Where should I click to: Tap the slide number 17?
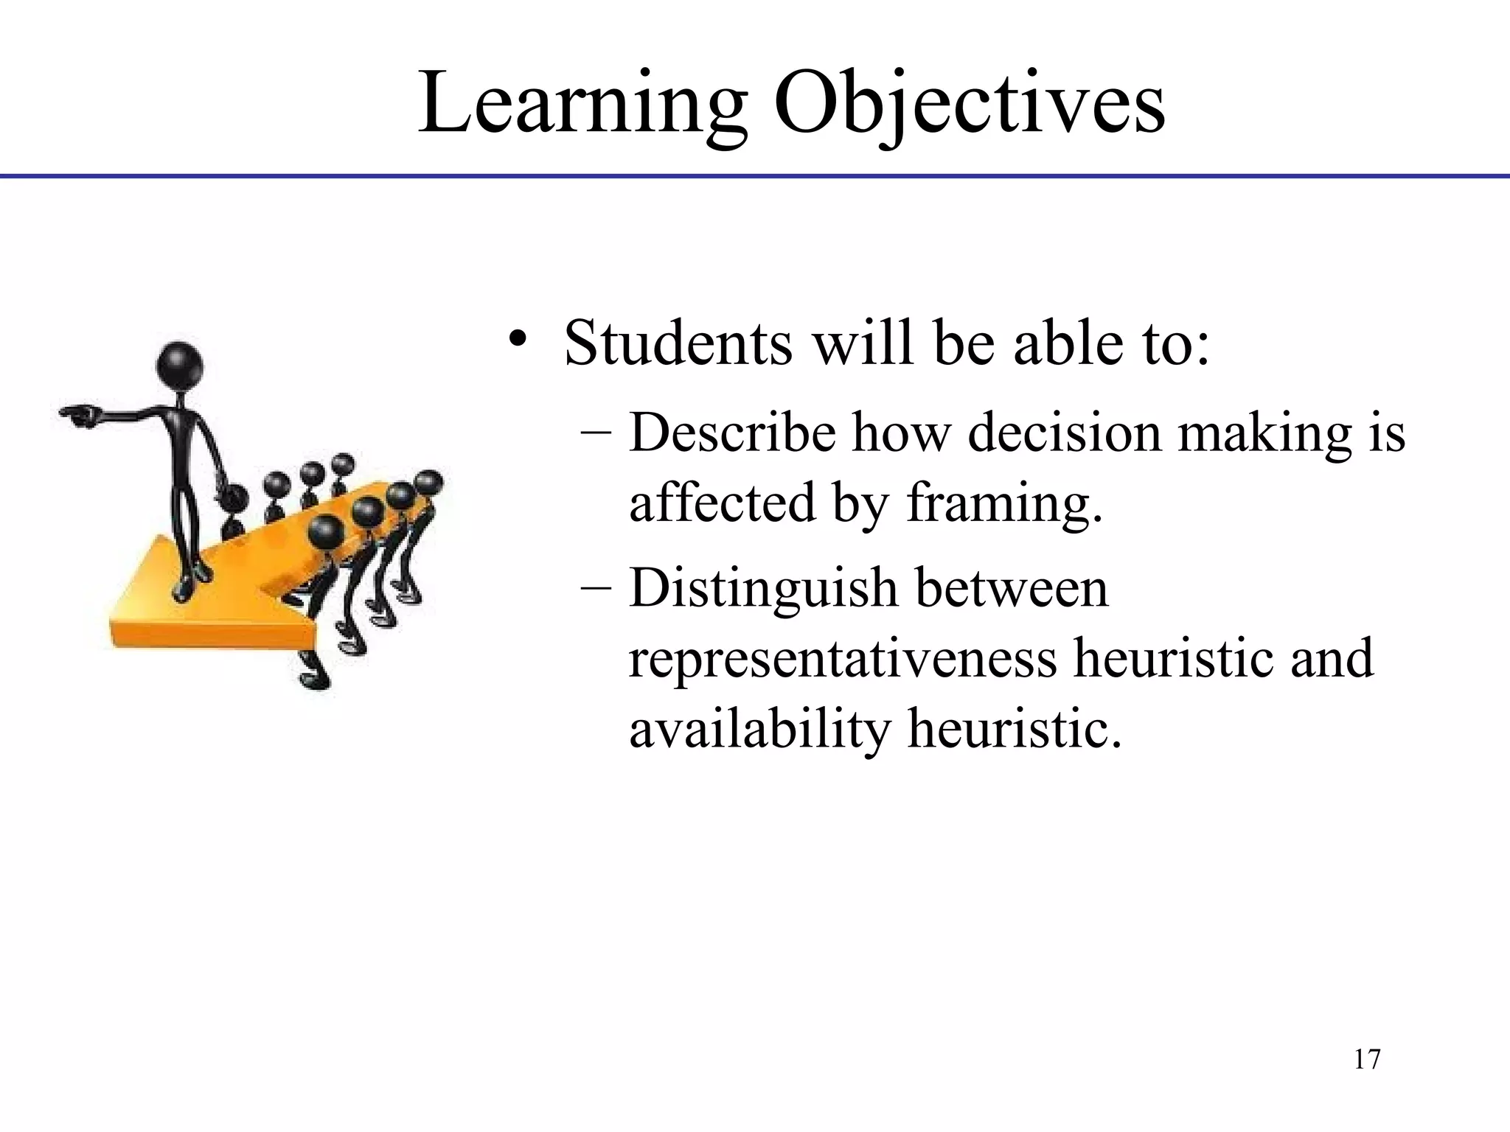click(x=1367, y=1059)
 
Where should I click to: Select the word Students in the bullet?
click(x=678, y=343)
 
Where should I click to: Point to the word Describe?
click(x=733, y=433)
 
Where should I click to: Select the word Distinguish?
click(x=762, y=590)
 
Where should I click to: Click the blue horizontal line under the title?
click(x=755, y=176)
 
